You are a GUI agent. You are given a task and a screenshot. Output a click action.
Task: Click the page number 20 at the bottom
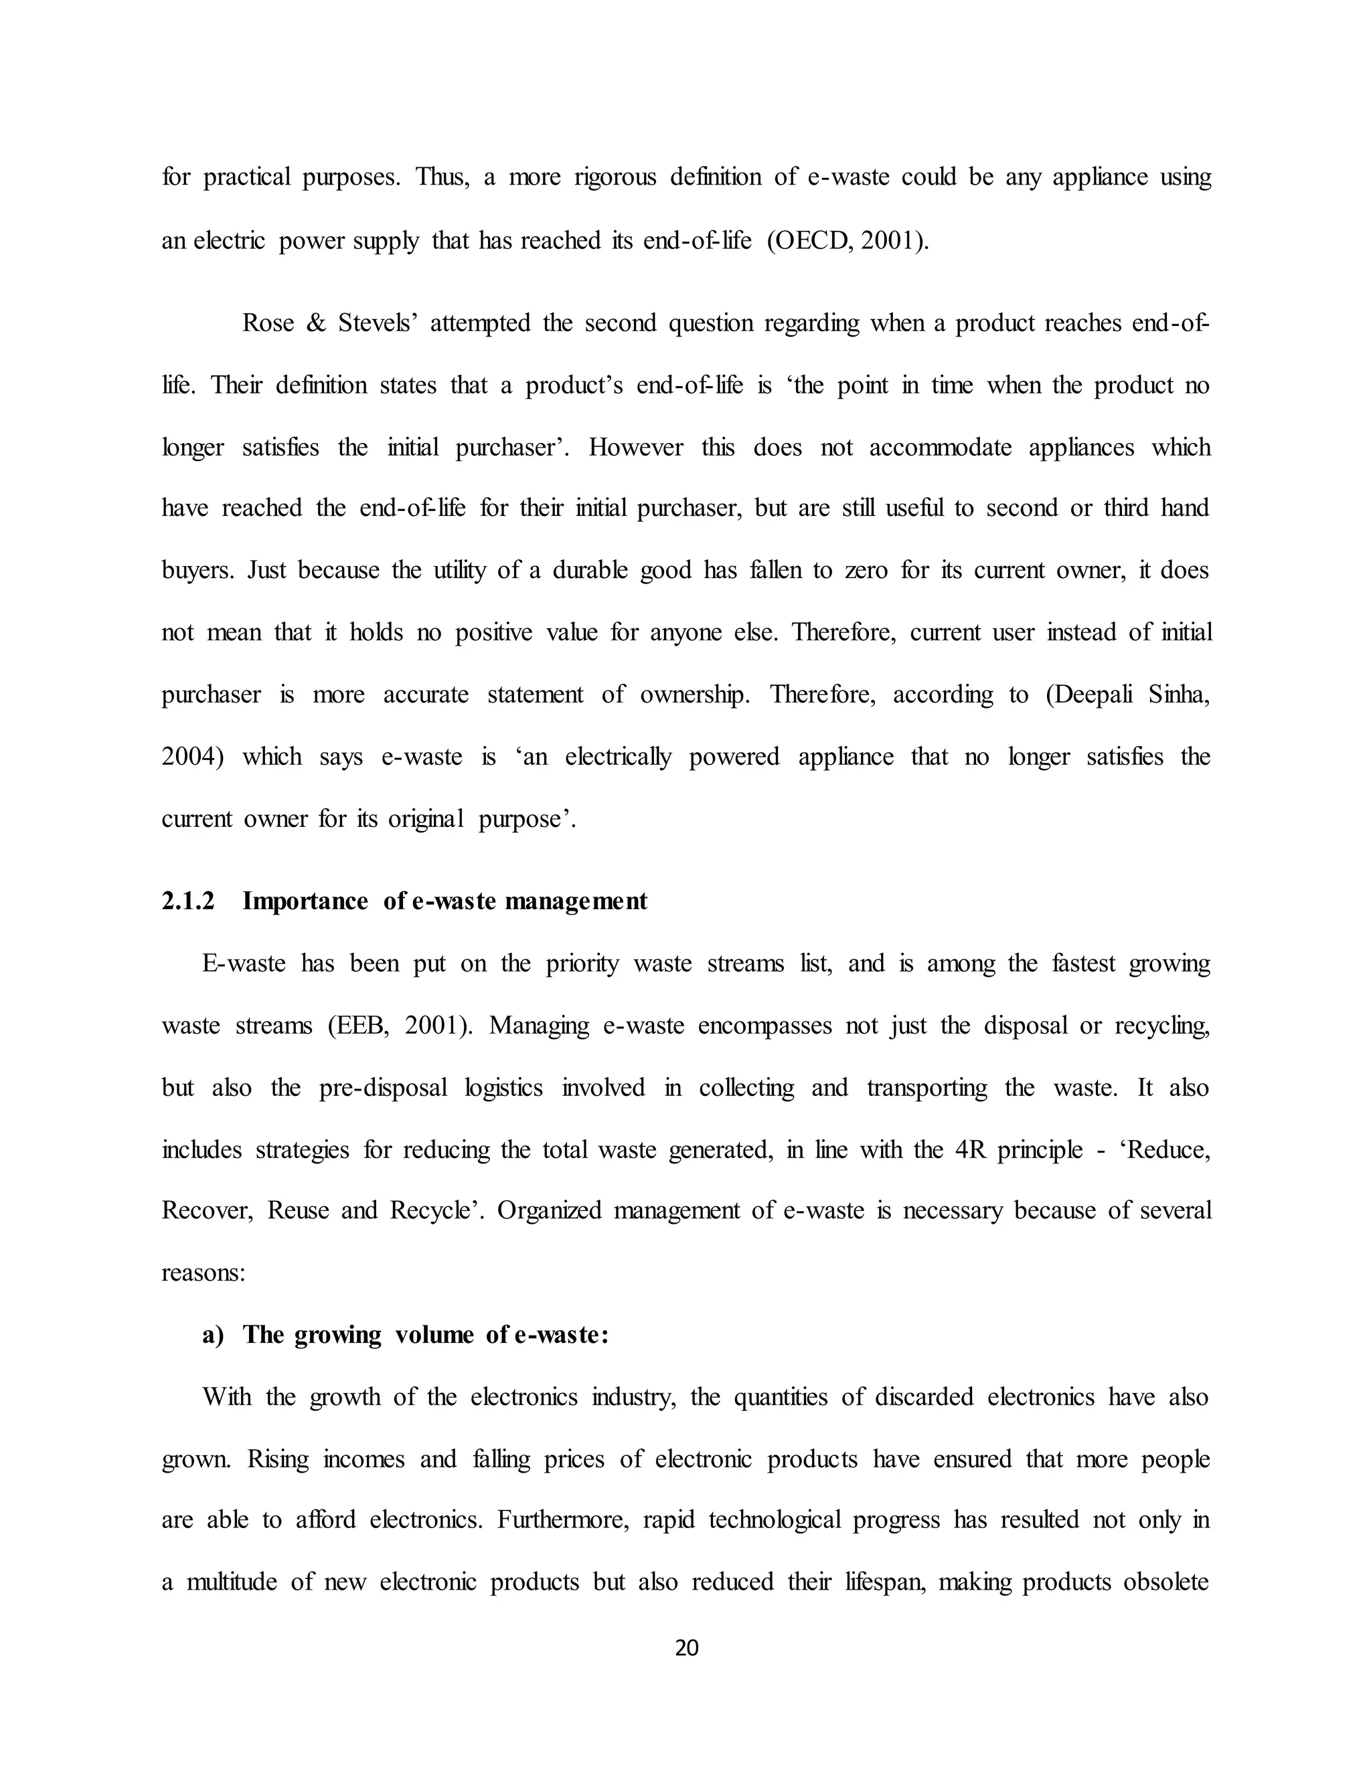(x=686, y=1647)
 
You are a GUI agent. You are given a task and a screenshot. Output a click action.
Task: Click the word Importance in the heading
(x=305, y=901)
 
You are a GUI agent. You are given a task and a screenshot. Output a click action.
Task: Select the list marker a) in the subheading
(x=213, y=1335)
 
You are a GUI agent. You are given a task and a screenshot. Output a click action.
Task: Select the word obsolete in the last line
(x=1166, y=1582)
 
